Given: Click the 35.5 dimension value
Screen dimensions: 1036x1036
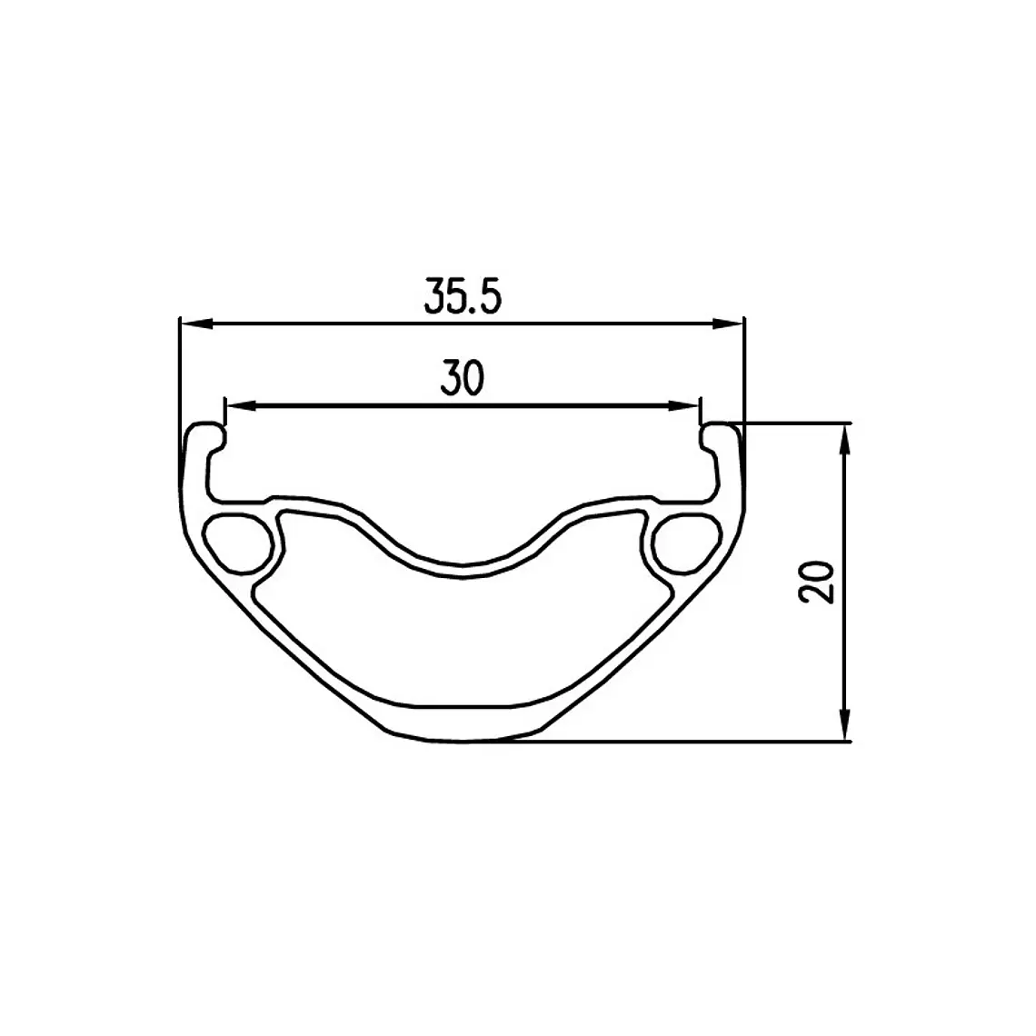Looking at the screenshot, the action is pyautogui.click(x=463, y=296).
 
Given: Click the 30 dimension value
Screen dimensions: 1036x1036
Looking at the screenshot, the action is pyautogui.click(x=463, y=378).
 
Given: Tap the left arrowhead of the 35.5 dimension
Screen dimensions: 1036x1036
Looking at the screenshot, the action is pyautogui.click(x=197, y=324).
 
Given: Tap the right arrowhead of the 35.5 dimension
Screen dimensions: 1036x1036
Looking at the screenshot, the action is pyautogui.click(x=727, y=324).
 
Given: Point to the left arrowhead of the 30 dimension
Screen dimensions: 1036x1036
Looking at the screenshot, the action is pyautogui.click(x=242, y=405).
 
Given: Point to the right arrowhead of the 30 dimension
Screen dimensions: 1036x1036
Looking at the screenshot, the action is pyautogui.click(x=683, y=405).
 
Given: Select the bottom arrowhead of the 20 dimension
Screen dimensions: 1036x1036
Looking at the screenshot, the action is pyautogui.click(x=844, y=724).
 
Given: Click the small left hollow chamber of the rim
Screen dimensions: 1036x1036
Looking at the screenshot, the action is pyautogui.click(x=239, y=543).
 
